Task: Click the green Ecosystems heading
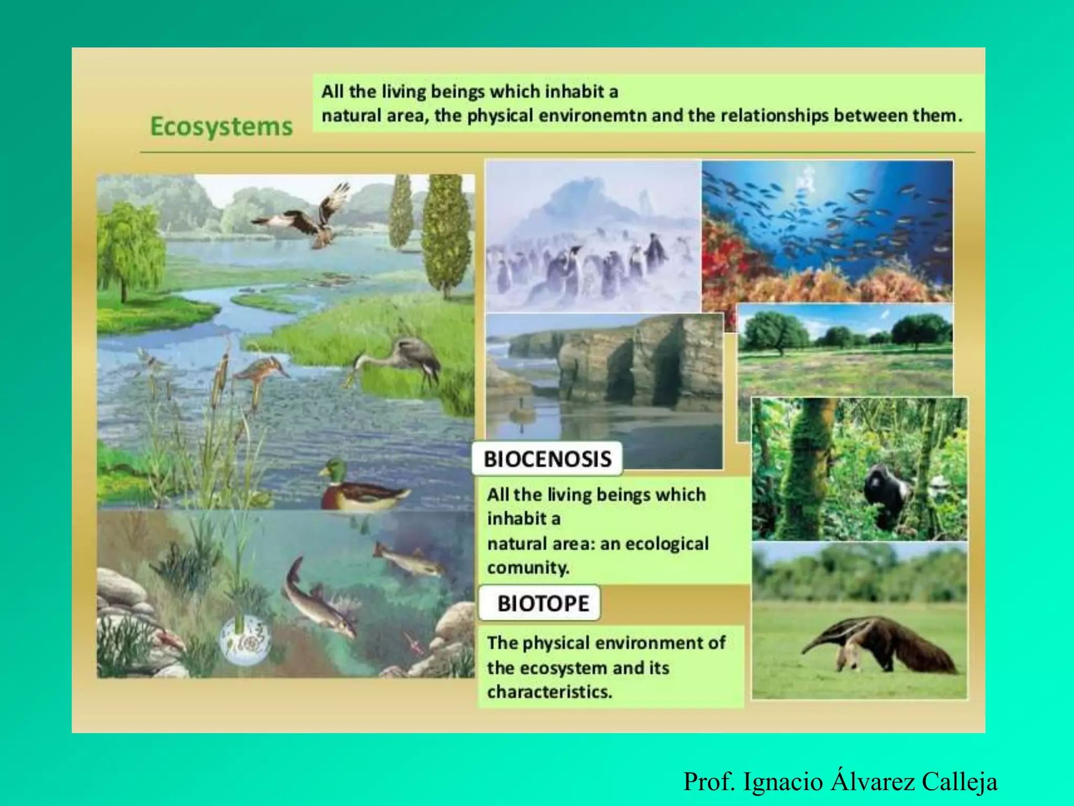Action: pyautogui.click(x=221, y=127)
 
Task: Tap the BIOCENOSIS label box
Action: pyautogui.click(x=547, y=459)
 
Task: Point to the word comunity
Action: pyautogui.click(x=528, y=568)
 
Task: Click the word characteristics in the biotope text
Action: pyautogui.click(x=549, y=692)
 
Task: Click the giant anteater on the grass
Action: pyautogui.click(x=886, y=645)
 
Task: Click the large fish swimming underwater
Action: pyautogui.click(x=317, y=603)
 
